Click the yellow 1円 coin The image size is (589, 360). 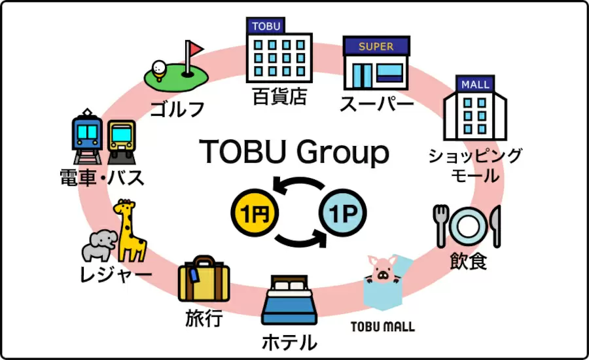pos(255,213)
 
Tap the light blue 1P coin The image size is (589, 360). pos(342,213)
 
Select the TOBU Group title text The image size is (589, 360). pos(294,153)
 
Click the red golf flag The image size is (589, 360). pos(195,48)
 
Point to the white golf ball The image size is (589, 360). pos(158,67)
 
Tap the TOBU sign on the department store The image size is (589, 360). pos(266,26)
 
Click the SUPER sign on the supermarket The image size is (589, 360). pos(376,46)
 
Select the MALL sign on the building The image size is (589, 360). pos(475,84)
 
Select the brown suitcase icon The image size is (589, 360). pos(204,278)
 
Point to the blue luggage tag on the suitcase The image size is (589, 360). pos(194,276)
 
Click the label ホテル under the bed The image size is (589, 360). pos(289,342)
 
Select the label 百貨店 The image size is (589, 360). pos(279,96)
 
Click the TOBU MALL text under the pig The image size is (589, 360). pos(383,327)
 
